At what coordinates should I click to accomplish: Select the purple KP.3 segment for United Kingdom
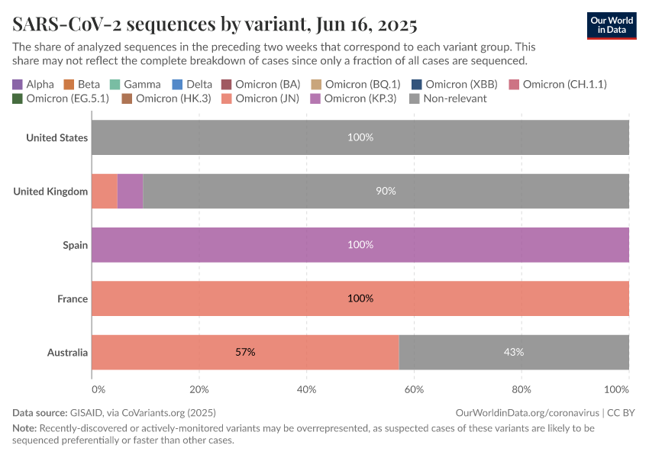coord(130,191)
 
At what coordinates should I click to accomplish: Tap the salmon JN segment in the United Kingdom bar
coord(105,191)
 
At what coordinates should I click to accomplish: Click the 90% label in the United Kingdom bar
coord(386,191)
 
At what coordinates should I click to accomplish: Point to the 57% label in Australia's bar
coord(245,352)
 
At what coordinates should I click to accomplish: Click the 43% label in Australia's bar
coord(514,352)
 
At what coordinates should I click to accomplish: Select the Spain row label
coord(75,245)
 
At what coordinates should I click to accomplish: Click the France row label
coord(73,298)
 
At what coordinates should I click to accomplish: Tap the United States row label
coord(57,138)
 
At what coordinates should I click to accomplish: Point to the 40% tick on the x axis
coord(306,389)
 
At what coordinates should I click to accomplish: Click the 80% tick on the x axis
coord(521,389)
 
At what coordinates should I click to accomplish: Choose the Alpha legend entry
coord(34,84)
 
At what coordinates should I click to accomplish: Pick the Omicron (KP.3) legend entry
coord(354,98)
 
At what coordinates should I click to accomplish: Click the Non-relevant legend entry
coord(448,98)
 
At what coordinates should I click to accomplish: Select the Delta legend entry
coord(193,84)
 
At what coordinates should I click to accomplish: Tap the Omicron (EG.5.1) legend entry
coord(61,98)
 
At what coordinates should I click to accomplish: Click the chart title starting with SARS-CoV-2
coord(215,24)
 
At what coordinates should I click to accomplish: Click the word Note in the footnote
coord(24,428)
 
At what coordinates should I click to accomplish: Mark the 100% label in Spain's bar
coord(360,245)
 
